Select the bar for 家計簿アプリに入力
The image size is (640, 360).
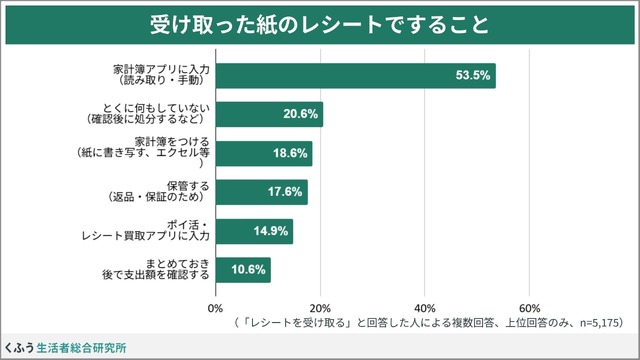[355, 75]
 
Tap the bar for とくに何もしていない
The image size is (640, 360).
[269, 114]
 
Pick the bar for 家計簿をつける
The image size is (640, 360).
[264, 153]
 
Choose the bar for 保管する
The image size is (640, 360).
[261, 192]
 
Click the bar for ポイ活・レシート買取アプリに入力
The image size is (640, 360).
[254, 231]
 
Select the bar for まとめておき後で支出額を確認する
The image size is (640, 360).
[243, 270]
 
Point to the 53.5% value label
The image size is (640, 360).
[471, 75]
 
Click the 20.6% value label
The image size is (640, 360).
[299, 114]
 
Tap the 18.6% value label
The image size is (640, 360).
[289, 153]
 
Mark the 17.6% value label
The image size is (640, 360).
[284, 192]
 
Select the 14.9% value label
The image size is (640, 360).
[270, 231]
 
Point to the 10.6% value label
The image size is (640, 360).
[247, 270]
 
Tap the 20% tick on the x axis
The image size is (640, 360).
[320, 307]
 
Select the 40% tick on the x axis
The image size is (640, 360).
[425, 307]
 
